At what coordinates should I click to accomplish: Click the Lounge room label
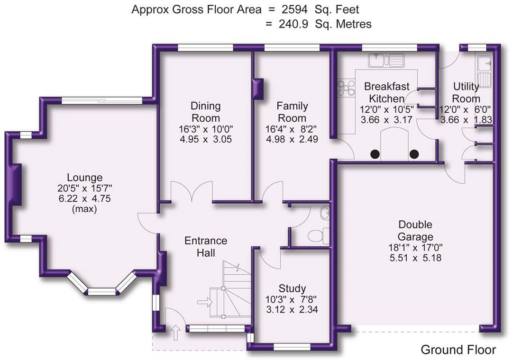pyautogui.click(x=84, y=178)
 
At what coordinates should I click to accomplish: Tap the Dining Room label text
pyautogui.click(x=205, y=112)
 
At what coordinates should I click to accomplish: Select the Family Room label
pyautogui.click(x=292, y=112)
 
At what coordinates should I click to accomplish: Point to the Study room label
pyautogui.click(x=292, y=288)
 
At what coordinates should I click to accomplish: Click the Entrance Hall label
pyautogui.click(x=206, y=246)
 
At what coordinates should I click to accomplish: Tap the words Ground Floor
pyautogui.click(x=458, y=350)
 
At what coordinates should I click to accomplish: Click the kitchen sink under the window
pyautogui.click(x=386, y=60)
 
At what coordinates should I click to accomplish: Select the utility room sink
pyautogui.click(x=485, y=71)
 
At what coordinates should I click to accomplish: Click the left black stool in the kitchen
pyautogui.click(x=375, y=153)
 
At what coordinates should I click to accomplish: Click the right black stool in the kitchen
pyautogui.click(x=414, y=153)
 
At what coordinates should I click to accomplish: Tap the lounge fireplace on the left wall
pyautogui.click(x=16, y=185)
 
